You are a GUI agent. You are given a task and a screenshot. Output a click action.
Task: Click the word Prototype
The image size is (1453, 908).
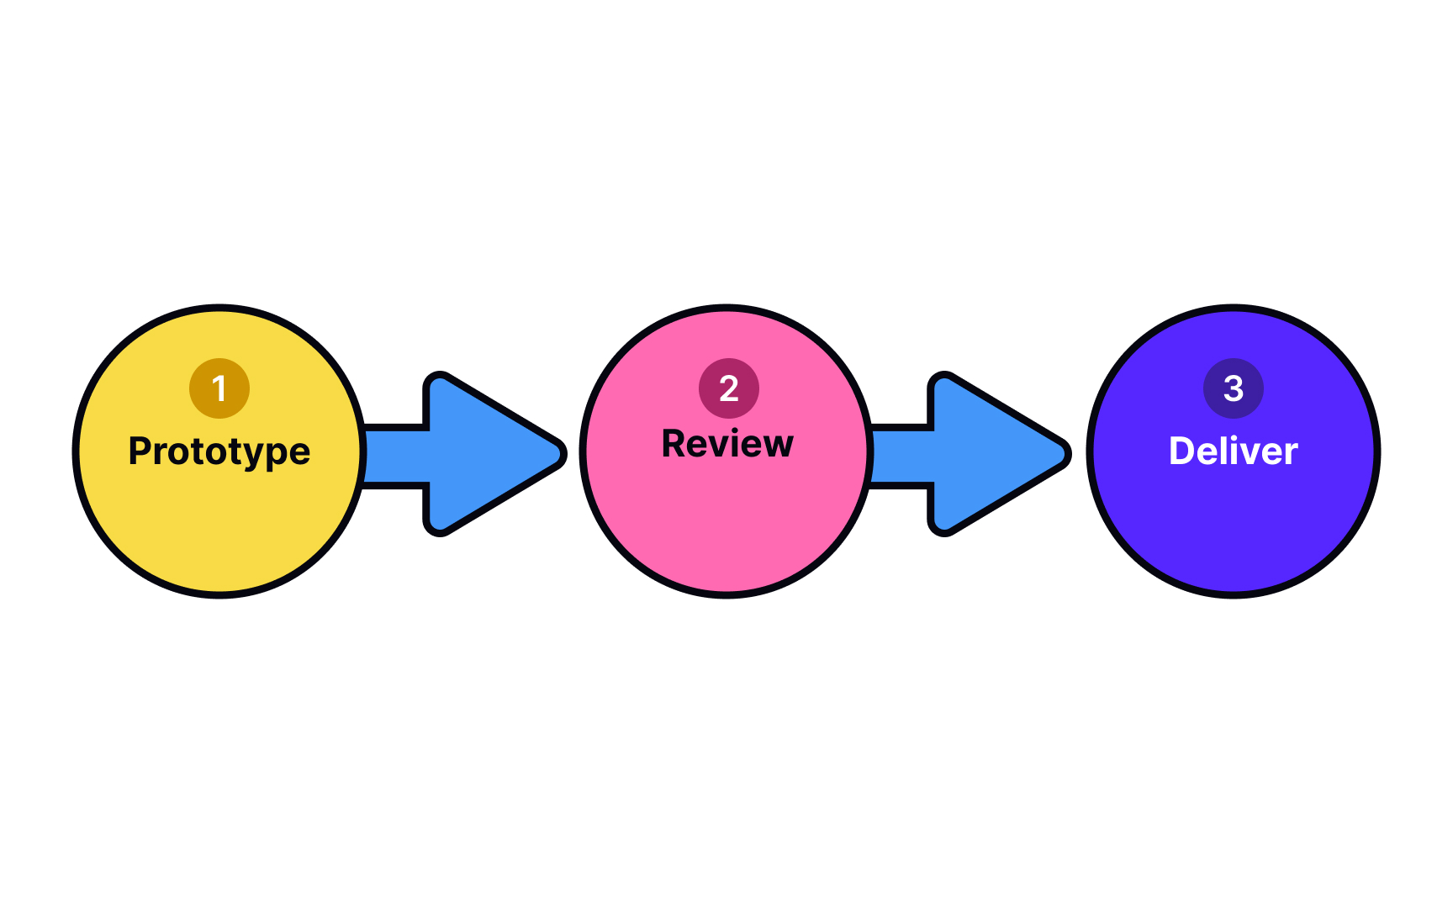point(219,451)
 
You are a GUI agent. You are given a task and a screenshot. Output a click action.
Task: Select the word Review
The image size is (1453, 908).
point(727,444)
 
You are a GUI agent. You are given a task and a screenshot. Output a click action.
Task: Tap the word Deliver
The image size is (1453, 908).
point(1234,451)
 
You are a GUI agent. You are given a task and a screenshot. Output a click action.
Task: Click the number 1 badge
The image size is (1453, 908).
point(219,388)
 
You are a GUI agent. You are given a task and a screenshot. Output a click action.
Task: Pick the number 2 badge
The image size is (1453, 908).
point(729,388)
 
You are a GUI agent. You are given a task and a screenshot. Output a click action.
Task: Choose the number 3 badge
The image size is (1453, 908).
point(1234,388)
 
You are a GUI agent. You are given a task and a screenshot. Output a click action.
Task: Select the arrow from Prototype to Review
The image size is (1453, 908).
point(471,454)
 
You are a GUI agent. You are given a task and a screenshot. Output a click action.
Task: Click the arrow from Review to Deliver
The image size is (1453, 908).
point(975,454)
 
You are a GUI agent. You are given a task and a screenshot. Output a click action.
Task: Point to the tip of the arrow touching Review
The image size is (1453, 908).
point(560,454)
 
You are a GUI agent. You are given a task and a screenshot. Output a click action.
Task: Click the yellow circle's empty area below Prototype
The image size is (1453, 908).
point(219,530)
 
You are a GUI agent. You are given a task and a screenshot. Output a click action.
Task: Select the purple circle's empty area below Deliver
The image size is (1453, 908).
point(1234,530)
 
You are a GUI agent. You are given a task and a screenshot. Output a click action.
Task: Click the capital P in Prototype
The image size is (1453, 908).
point(140,451)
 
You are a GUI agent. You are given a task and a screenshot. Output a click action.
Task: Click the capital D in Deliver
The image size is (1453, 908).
point(1183,451)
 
